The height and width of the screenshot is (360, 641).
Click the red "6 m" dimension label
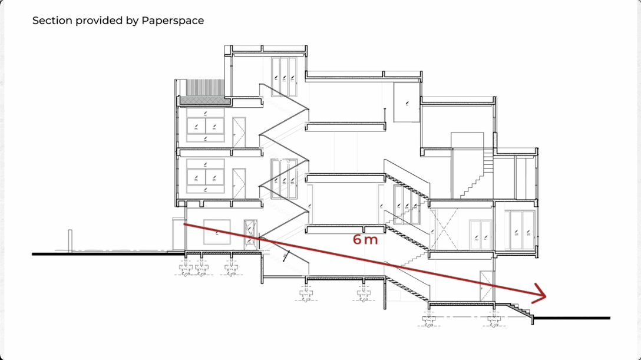point(365,239)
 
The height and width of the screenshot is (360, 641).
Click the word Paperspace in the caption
point(173,21)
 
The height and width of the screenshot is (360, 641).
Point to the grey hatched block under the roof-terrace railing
point(201,100)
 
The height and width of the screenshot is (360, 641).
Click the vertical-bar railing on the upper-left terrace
point(205,87)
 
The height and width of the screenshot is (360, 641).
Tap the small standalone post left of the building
point(70,240)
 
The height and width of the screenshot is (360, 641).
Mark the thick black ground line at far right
point(572,318)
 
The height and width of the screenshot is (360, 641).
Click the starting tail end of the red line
point(184,224)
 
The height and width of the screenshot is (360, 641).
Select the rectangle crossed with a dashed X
point(445,229)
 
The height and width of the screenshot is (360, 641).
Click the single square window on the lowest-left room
point(217,232)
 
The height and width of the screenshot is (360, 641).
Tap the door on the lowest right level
point(487,285)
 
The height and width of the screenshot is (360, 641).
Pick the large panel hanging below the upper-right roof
point(407,102)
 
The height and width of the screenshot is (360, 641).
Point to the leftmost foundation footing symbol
point(186,269)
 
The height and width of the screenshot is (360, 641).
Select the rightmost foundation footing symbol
point(494,320)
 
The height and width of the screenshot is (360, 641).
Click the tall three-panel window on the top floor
point(284,77)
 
